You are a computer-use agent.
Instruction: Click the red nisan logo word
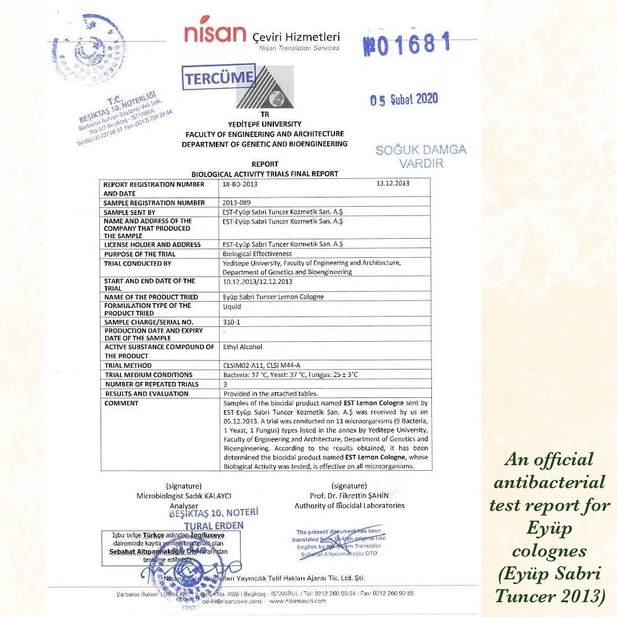pos(215,33)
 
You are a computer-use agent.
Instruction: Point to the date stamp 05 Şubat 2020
pos(404,99)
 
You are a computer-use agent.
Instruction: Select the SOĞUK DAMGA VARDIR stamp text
pos(421,156)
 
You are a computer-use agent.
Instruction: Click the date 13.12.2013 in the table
pos(392,183)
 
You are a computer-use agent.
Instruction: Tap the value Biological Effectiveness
pos(257,254)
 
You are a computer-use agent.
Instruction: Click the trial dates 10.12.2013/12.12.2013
pos(257,281)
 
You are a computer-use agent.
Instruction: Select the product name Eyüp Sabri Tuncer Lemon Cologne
pos(273,297)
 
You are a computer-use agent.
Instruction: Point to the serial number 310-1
pos(231,322)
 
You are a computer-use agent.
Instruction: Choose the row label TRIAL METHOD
pos(128,365)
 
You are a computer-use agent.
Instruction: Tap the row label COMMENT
pos(122,403)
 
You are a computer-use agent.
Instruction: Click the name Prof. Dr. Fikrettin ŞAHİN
pos(349,495)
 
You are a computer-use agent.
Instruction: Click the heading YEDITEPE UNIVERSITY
pos(264,124)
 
